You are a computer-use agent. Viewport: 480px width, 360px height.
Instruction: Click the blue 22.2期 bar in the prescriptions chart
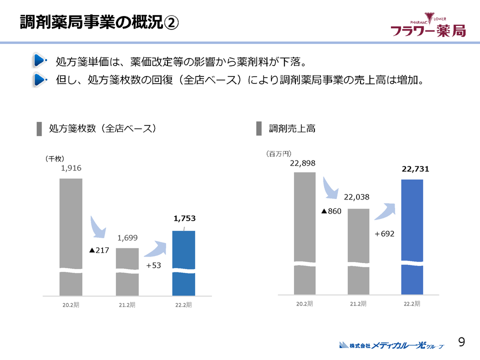[x=183, y=262]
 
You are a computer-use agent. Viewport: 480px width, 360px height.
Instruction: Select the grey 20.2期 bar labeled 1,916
[x=71, y=235]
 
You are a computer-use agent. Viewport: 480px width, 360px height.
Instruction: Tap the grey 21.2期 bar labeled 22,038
[x=358, y=250]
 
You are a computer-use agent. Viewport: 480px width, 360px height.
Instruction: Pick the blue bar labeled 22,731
[x=412, y=235]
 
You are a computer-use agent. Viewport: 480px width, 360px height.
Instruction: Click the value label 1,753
[x=184, y=218]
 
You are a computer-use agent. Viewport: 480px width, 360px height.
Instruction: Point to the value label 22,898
[x=303, y=162]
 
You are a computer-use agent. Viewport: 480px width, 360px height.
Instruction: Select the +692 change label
[x=384, y=233]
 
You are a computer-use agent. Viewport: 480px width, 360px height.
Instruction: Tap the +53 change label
[x=153, y=265]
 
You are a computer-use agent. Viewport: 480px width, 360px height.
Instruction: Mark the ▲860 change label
[x=331, y=211]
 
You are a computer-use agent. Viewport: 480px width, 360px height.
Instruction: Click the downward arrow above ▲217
[x=98, y=227]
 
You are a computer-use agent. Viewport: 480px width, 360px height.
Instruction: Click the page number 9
[x=462, y=341]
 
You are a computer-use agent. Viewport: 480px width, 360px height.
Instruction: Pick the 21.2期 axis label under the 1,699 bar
[x=127, y=305]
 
